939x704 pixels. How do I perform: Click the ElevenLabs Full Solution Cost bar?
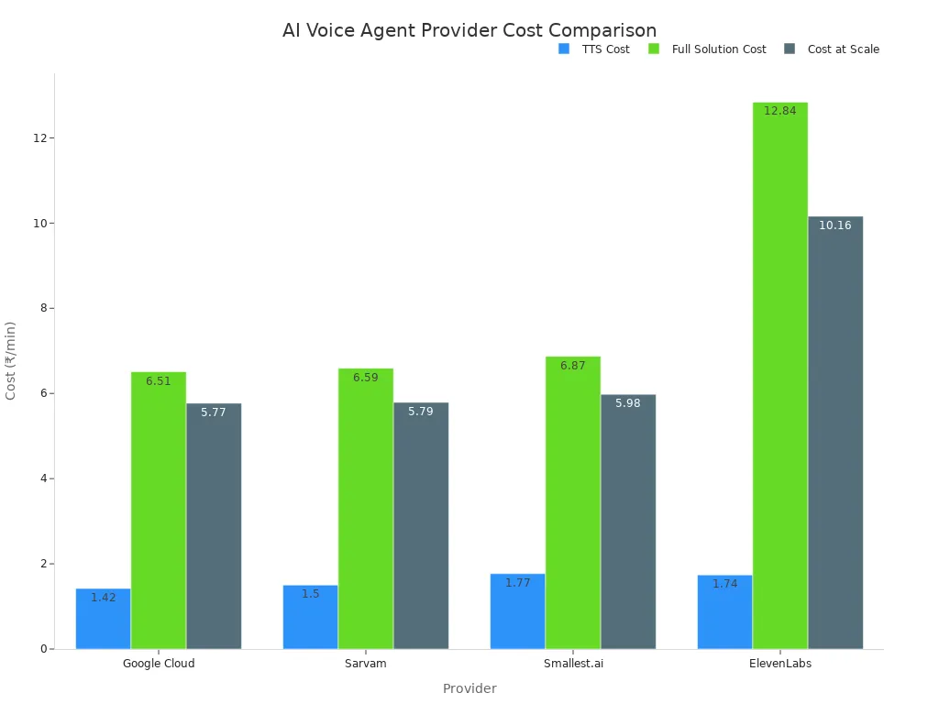(779, 376)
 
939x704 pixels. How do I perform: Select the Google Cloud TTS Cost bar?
(103, 619)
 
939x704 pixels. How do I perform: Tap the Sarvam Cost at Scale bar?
(421, 525)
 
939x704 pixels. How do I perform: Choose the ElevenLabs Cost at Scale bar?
(835, 433)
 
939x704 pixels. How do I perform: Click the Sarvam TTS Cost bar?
(310, 617)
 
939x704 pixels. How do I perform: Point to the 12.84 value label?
(779, 111)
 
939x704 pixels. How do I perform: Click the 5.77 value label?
(213, 412)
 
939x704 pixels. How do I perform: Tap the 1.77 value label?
(517, 583)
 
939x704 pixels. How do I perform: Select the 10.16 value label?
(834, 225)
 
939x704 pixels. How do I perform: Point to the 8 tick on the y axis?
(43, 308)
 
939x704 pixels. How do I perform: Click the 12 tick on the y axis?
(40, 137)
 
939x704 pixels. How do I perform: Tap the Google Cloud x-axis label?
(159, 664)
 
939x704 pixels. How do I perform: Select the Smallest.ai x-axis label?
(573, 664)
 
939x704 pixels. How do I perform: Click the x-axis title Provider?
(469, 688)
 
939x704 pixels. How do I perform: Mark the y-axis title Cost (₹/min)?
(11, 360)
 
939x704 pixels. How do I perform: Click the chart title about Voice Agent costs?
(469, 30)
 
